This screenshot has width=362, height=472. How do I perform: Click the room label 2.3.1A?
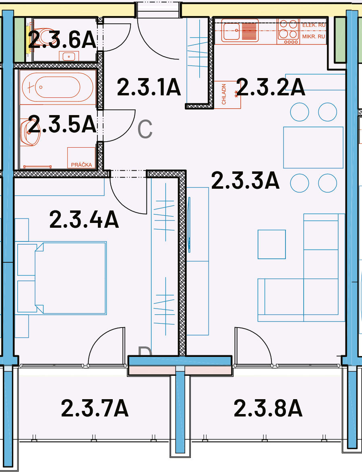(x=149, y=87)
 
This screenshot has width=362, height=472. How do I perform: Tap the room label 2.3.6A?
(x=62, y=39)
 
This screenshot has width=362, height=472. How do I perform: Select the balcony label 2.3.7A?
(x=95, y=408)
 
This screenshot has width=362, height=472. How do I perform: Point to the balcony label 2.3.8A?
(x=268, y=408)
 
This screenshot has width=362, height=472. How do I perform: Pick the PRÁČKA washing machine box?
(x=81, y=158)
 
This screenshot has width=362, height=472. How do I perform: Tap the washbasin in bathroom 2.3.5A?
(x=30, y=132)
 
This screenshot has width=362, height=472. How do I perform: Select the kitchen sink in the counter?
(x=240, y=31)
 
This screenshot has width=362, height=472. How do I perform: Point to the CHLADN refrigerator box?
(x=228, y=95)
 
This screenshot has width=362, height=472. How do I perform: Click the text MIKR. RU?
(x=314, y=37)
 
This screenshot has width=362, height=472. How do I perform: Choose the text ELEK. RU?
(x=314, y=25)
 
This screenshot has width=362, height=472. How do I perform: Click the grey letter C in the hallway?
(x=145, y=129)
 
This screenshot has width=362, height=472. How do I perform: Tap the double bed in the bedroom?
(x=71, y=278)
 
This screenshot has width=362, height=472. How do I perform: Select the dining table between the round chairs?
(x=313, y=148)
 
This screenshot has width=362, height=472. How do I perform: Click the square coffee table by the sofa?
(x=272, y=244)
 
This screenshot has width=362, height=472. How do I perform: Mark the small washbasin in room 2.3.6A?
(x=69, y=56)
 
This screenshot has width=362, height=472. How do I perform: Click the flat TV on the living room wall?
(x=189, y=225)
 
